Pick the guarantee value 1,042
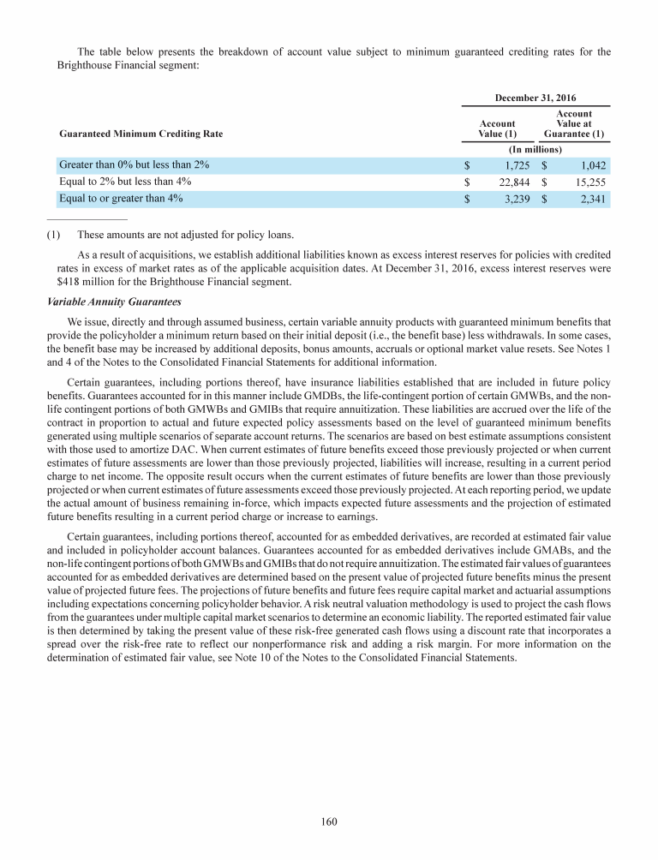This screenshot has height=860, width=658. coord(590,164)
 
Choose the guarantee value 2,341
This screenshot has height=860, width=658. coord(590,199)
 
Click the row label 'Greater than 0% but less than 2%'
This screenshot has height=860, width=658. coord(135,164)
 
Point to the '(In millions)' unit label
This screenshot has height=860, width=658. coord(535,149)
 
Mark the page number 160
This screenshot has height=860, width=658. coord(329,822)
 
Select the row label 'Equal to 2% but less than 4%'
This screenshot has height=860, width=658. coord(125,182)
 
